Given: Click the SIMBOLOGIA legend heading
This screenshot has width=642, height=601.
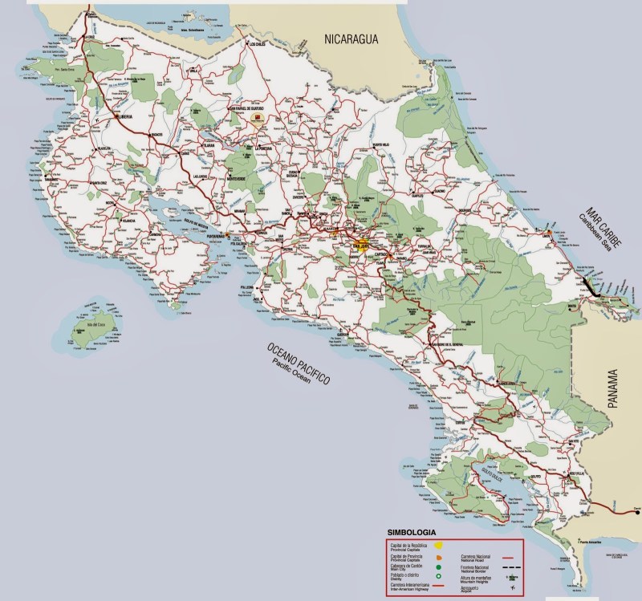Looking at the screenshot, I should (x=412, y=532).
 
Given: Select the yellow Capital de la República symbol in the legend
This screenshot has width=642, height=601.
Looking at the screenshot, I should (x=438, y=545).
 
